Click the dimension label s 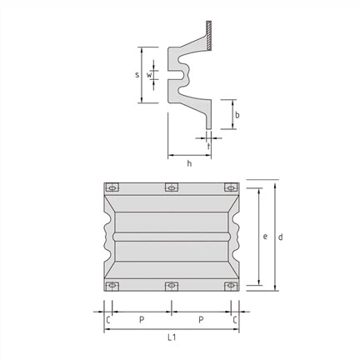click(137, 75)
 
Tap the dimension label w click(149, 75)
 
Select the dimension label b click(237, 115)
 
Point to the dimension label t click(208, 146)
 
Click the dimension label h click(189, 163)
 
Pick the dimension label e click(265, 237)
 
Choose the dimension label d click(281, 237)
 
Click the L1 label click(172, 337)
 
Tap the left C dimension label click(108, 320)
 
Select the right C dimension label click(235, 320)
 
